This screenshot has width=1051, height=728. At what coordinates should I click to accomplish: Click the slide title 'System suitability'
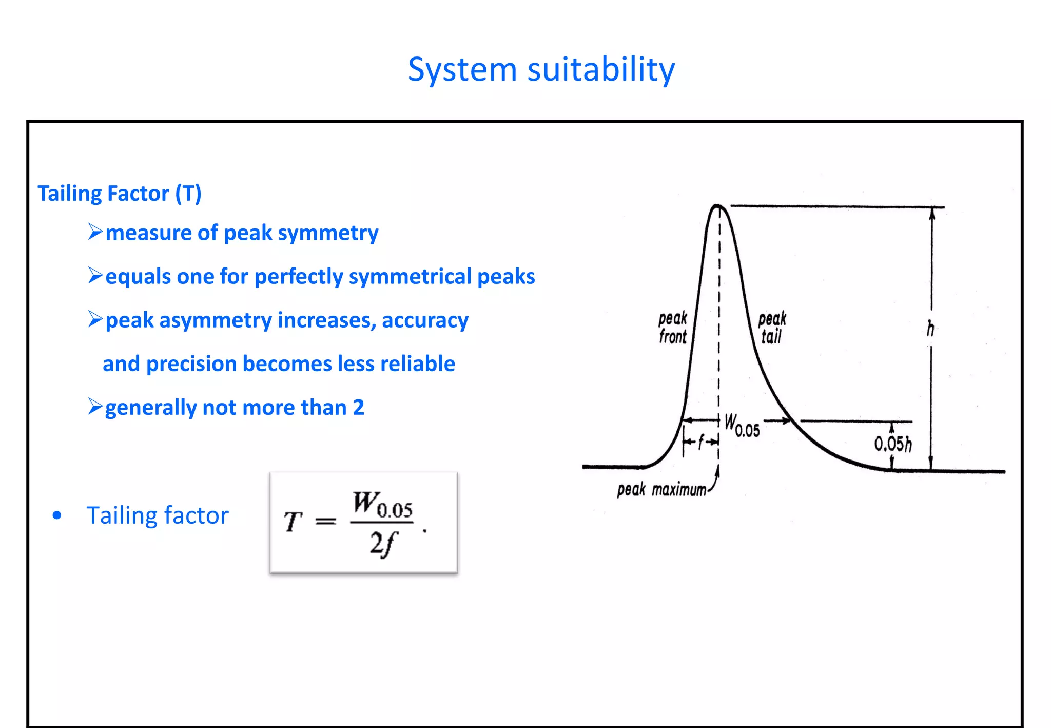(541, 69)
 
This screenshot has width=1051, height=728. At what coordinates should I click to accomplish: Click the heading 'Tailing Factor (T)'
(120, 194)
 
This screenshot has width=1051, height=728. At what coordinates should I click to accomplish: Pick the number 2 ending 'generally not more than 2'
(358, 408)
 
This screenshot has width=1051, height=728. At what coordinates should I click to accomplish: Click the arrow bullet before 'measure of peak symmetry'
(95, 232)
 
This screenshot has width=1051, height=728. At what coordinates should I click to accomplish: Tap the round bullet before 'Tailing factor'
(57, 515)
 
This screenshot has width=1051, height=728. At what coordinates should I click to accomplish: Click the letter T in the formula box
(293, 522)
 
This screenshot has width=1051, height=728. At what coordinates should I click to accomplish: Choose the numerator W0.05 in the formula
(382, 505)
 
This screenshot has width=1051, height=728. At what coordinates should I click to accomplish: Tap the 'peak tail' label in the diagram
(772, 328)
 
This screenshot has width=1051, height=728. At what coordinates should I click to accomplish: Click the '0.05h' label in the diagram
(893, 444)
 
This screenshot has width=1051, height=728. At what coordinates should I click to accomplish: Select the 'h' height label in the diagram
(930, 329)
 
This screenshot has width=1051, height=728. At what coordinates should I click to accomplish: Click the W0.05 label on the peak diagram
(742, 425)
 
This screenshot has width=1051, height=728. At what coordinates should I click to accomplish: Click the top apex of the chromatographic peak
(717, 206)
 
